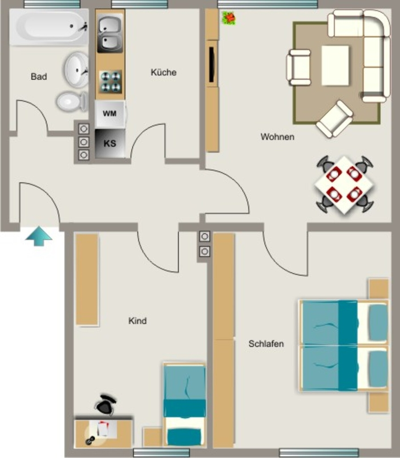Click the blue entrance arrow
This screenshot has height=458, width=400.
click(39, 236)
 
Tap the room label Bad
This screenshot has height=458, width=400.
click(39, 76)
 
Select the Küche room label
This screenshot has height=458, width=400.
click(164, 72)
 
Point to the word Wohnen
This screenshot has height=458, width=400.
click(278, 137)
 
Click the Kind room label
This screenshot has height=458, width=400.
click(138, 321)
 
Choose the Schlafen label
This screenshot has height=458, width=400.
click(266, 344)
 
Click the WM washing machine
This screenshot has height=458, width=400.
click(110, 113)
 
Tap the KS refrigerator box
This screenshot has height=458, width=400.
click(110, 144)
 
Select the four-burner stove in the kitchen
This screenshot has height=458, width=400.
click(110, 82)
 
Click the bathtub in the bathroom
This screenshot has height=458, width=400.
click(49, 27)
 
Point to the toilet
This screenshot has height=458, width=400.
click(72, 102)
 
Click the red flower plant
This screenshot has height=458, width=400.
click(229, 18)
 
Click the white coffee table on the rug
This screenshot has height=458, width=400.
click(335, 66)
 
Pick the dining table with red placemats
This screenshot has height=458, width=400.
click(345, 185)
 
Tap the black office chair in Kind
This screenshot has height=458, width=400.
click(105, 405)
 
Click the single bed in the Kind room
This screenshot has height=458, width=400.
click(185, 405)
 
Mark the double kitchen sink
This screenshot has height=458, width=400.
click(110, 34)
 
